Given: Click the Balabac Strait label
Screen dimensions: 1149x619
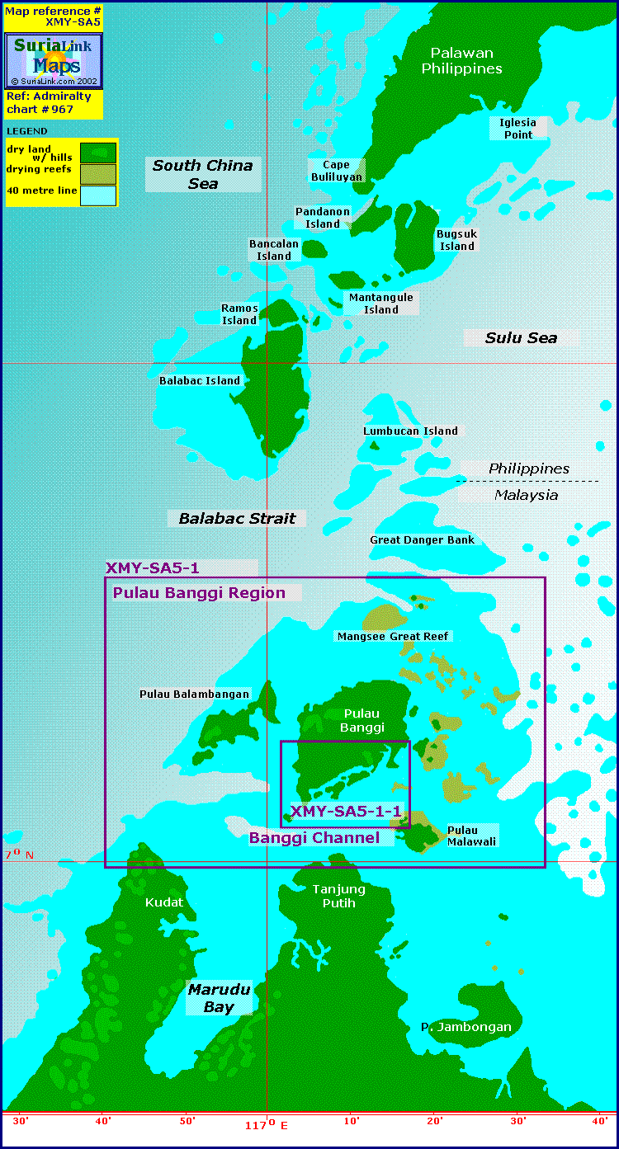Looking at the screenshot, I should pyautogui.click(x=237, y=518).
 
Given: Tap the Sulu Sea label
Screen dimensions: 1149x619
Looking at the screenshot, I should pyautogui.click(x=521, y=337).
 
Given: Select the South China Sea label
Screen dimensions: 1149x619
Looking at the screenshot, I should pyautogui.click(x=203, y=174).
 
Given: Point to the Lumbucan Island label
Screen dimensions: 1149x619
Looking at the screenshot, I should pyautogui.click(x=410, y=431).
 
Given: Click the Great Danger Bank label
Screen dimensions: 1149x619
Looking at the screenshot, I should pyautogui.click(x=422, y=539).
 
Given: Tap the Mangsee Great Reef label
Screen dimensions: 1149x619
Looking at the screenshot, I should pyautogui.click(x=393, y=636).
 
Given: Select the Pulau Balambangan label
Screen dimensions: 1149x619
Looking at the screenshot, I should pyautogui.click(x=194, y=694).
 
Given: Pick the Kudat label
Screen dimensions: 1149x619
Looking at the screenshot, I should pyautogui.click(x=164, y=902).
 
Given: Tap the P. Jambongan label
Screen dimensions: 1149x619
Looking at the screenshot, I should pyautogui.click(x=466, y=1027).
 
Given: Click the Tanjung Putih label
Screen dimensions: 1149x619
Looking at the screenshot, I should pyautogui.click(x=338, y=896).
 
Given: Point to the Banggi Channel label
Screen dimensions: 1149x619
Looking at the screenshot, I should pyautogui.click(x=314, y=837).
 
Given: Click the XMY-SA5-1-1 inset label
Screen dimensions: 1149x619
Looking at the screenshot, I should pyautogui.click(x=346, y=812).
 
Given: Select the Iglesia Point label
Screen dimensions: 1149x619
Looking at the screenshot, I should pyautogui.click(x=517, y=128).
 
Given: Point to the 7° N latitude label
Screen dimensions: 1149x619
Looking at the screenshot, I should pyautogui.click(x=18, y=855).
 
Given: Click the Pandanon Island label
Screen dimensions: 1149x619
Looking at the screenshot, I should pyautogui.click(x=323, y=218).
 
